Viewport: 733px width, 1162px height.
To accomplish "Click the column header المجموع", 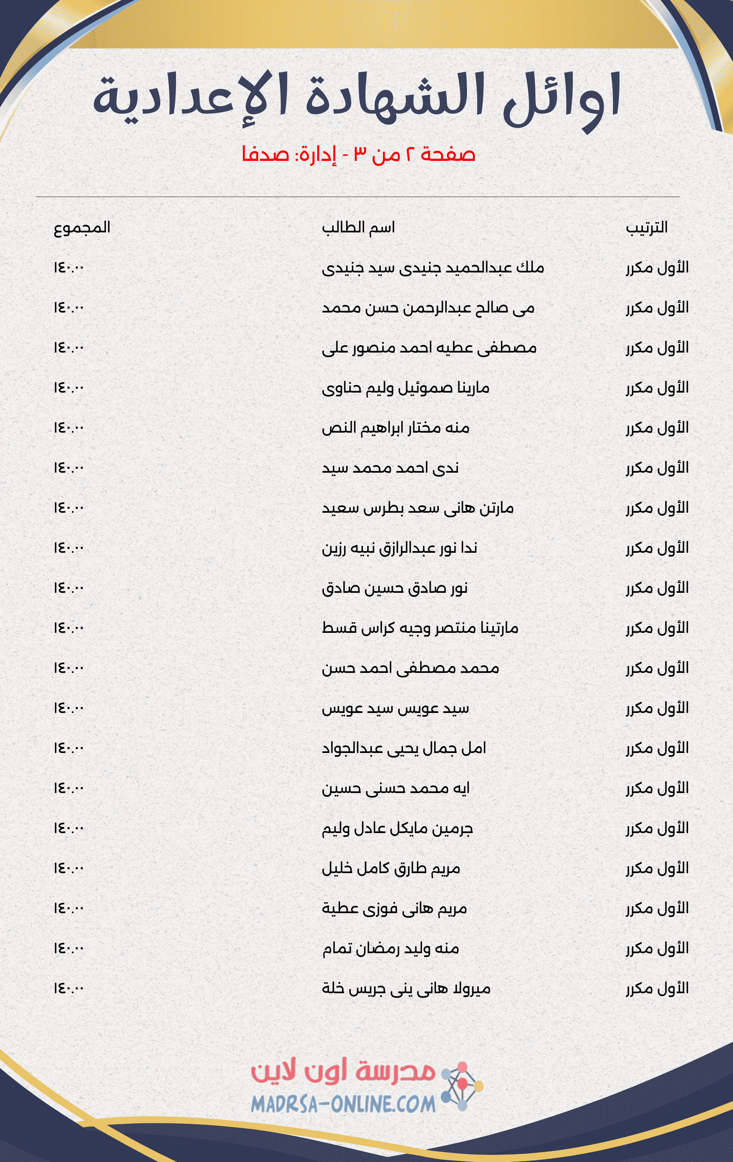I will coord(82,227).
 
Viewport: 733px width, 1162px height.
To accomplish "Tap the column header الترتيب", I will coord(646,227).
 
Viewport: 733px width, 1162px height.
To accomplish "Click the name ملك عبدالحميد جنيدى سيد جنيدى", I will coord(433,268).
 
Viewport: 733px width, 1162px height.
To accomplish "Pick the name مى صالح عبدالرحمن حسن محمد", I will coord(428,308).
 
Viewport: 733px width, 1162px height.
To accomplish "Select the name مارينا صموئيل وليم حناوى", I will coord(405,388).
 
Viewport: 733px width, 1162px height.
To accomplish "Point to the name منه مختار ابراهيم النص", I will coord(396,428).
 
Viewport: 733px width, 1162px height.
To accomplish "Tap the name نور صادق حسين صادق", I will coord(395,588).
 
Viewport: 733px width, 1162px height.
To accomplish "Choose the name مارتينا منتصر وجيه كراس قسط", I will coord(420,628).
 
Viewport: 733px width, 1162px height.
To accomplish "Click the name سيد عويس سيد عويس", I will coord(395,708).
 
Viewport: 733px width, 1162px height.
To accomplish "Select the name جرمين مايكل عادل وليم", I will coord(397,828).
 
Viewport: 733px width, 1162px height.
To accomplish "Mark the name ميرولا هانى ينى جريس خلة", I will coord(406,989).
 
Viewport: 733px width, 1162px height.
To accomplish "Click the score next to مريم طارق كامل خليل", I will coord(69,868).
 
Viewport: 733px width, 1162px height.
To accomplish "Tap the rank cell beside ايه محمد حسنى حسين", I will coord(657,788).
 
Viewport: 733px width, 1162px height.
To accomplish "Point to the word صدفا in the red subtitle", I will coord(265,154).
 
